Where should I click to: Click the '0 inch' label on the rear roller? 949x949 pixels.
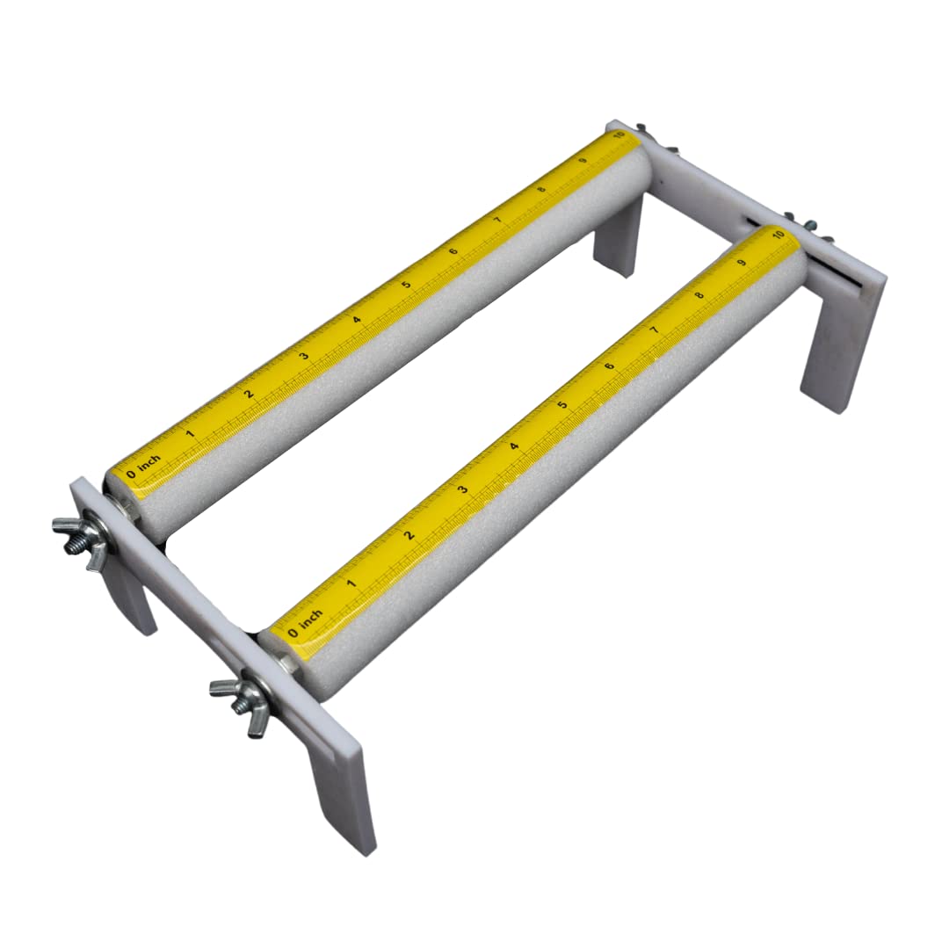[x=144, y=466]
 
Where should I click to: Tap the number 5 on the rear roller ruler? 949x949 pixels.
[x=406, y=284]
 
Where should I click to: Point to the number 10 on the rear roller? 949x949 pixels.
[x=618, y=134]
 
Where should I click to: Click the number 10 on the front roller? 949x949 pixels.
[x=779, y=234]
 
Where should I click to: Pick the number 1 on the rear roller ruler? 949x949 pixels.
[x=190, y=433]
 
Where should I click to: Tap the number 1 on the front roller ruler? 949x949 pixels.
[x=351, y=583]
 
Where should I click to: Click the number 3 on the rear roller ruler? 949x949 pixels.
[x=304, y=355]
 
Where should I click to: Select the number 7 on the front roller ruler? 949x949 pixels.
[x=654, y=330]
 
